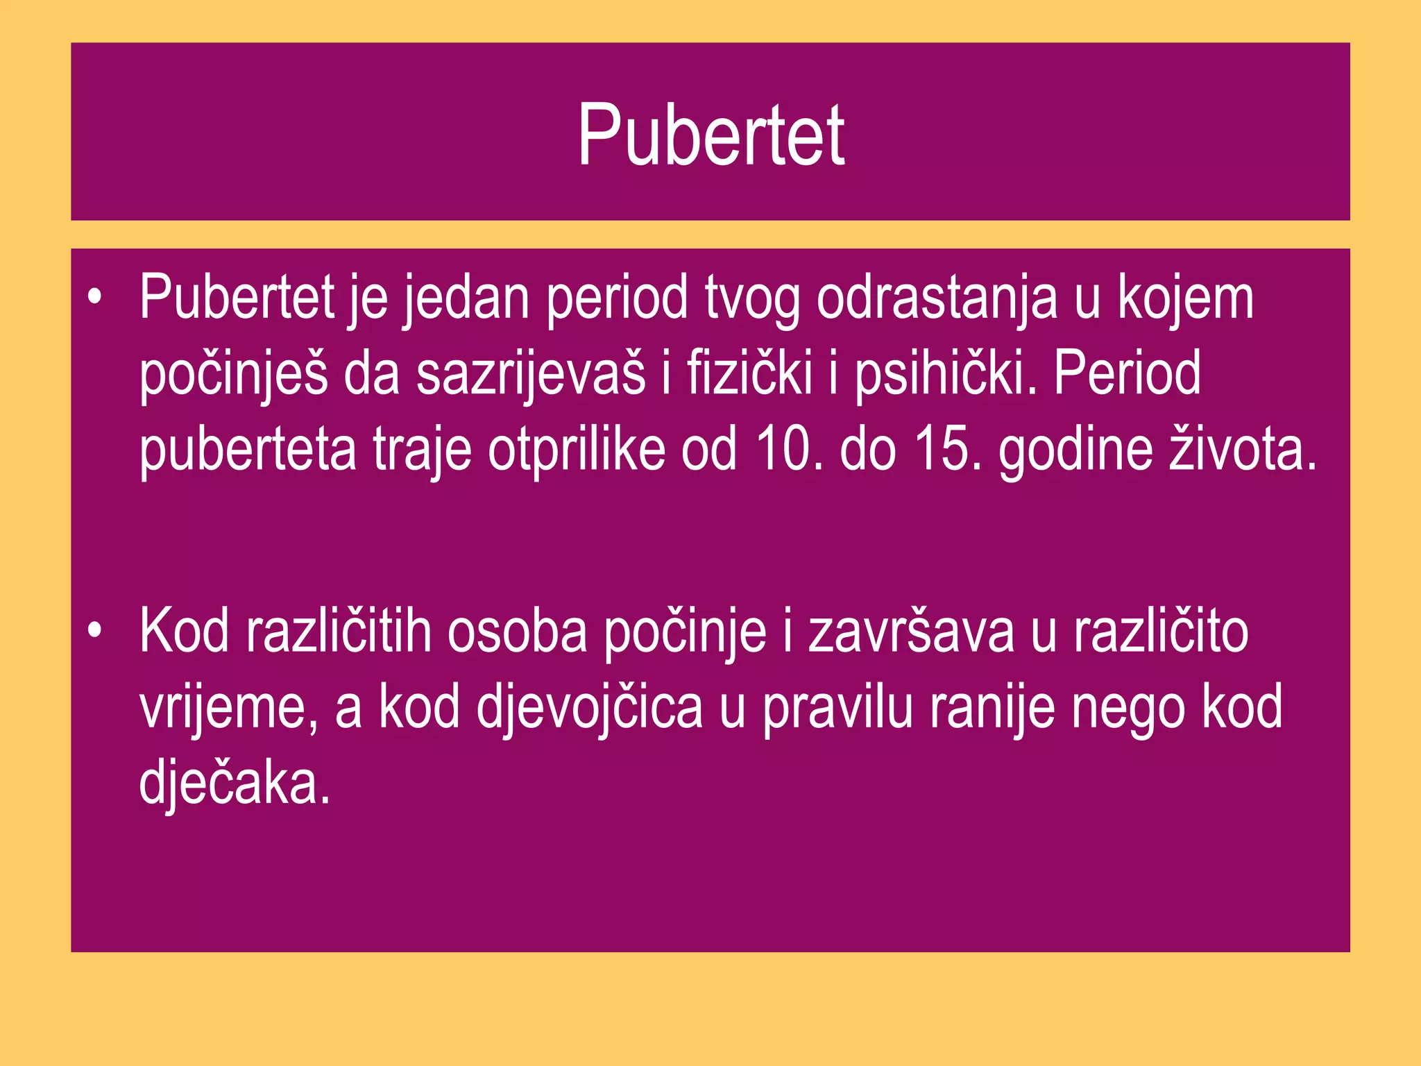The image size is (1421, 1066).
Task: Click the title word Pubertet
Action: click(x=710, y=135)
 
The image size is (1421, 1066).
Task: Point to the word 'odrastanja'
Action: click(x=937, y=298)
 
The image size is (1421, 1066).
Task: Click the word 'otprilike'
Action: click(x=577, y=450)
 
